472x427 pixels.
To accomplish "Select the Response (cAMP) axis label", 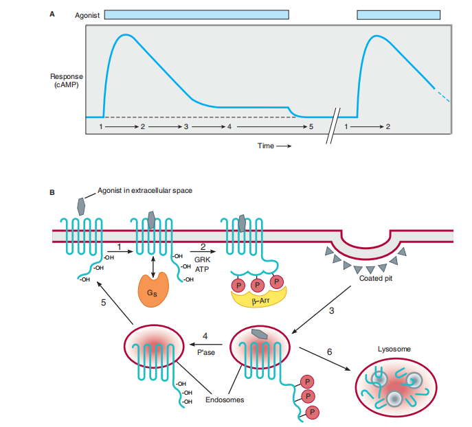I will coord(65,80).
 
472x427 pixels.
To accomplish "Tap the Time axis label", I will coord(266,146).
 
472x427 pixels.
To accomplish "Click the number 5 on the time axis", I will coord(311,127).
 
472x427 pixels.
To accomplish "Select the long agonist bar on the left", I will coord(196,14).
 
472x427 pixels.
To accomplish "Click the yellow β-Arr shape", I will coord(260,297).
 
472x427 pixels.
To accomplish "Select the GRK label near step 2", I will coord(203,260).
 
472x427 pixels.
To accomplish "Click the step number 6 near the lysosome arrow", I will coord(330,351).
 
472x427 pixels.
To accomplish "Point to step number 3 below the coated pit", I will coord(331,311).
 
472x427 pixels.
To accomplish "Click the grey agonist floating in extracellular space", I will coord(81,205).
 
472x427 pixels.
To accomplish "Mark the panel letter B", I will coord(52,192).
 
